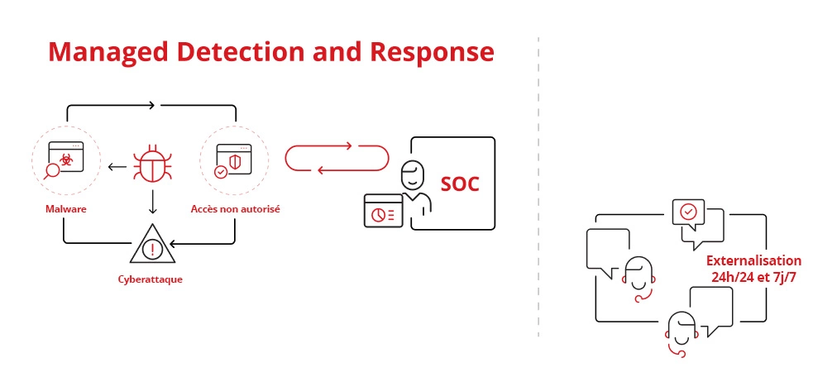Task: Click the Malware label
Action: point(66,209)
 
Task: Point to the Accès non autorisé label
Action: point(236,209)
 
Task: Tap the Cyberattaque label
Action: point(151,279)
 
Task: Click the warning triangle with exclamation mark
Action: point(152,245)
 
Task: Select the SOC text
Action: point(460,184)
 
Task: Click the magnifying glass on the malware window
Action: point(52,170)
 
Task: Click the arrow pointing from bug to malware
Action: point(117,167)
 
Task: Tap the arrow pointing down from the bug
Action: point(152,202)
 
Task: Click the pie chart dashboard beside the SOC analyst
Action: point(383,211)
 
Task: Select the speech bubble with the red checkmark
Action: point(689,212)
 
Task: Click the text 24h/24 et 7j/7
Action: point(754,277)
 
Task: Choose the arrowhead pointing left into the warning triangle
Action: point(175,242)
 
